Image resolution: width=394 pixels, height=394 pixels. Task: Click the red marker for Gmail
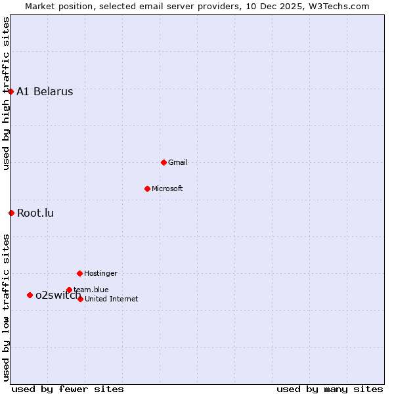point(164,162)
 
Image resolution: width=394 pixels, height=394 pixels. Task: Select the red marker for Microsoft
point(147,188)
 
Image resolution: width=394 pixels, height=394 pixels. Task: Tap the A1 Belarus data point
point(11,91)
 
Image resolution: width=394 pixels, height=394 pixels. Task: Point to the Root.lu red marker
point(11,213)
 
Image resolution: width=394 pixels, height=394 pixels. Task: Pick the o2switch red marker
point(30,295)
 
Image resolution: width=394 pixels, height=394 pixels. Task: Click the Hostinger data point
point(79,273)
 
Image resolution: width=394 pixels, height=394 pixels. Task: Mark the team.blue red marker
point(69,290)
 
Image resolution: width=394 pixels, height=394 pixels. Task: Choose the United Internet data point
point(80,299)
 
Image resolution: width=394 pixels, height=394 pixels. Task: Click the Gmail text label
point(178,162)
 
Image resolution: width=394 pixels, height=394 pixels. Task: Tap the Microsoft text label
point(167,188)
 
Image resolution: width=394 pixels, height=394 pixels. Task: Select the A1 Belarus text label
point(45,92)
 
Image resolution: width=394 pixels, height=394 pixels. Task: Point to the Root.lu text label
point(35,213)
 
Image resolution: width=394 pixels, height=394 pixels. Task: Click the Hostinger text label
point(100,273)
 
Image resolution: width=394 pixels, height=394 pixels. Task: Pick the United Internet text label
point(112,299)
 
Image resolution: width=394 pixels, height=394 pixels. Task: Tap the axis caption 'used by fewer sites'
point(68,389)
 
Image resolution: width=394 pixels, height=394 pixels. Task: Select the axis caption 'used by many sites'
point(330,389)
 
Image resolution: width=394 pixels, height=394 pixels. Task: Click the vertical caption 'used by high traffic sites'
point(6,93)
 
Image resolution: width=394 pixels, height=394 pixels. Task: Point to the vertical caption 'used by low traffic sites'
point(6,307)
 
